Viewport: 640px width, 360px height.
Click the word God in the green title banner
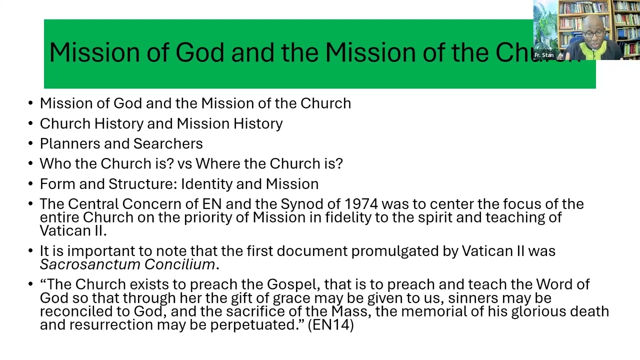tap(199, 52)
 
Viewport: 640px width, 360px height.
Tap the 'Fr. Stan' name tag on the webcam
tap(544, 55)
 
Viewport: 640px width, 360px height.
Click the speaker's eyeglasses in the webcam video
tap(593, 34)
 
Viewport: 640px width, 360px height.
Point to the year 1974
tap(361, 204)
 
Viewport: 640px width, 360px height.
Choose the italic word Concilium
tap(179, 264)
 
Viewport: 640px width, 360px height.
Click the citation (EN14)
tap(330, 325)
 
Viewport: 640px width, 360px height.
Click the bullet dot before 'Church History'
tap(30, 124)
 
